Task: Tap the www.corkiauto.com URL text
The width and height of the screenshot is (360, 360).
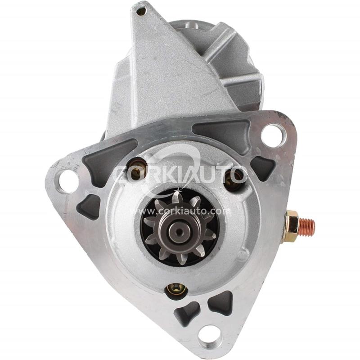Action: (x=180, y=210)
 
